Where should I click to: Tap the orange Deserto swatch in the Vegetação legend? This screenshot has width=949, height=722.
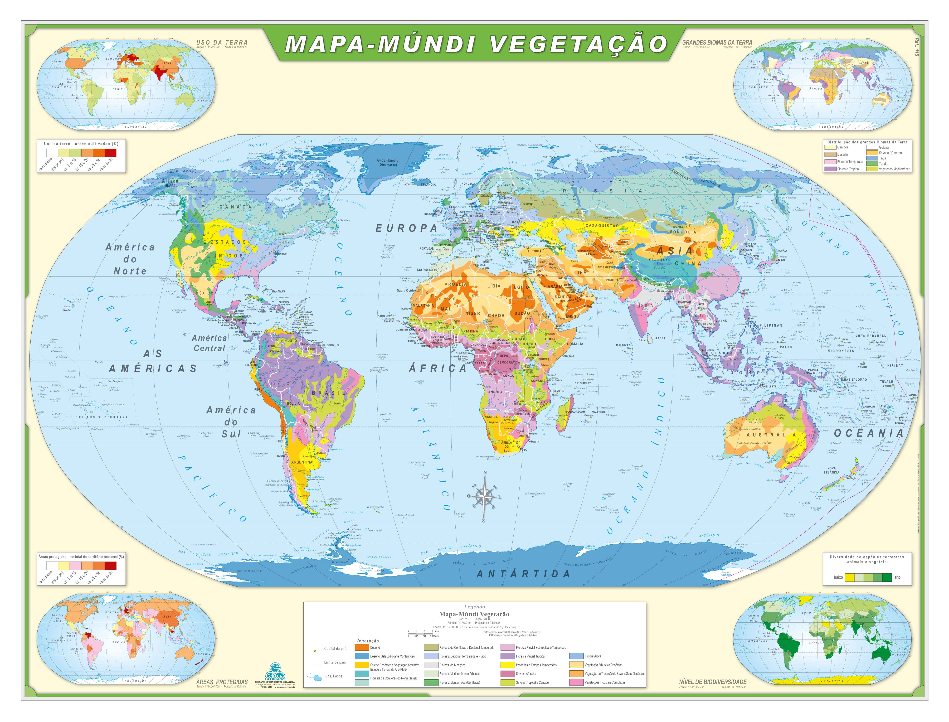pyautogui.click(x=362, y=647)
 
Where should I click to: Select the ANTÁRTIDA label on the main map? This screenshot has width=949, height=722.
pyautogui.click(x=523, y=574)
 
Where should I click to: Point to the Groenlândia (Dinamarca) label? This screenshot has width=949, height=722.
pyautogui.click(x=388, y=162)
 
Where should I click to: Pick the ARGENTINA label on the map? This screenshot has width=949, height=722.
pyautogui.click(x=302, y=462)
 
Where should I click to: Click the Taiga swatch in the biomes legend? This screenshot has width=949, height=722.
pyautogui.click(x=872, y=158)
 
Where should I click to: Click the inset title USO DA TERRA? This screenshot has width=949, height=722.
pyautogui.click(x=222, y=42)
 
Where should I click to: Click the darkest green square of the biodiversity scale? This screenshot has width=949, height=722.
pyautogui.click(x=886, y=577)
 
